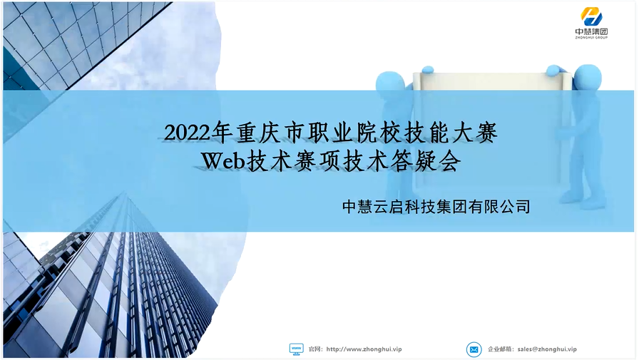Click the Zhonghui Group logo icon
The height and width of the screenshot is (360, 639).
pos(591,16)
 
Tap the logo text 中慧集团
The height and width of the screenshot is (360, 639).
pos(591,31)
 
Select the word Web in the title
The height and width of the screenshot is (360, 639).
pos(223,161)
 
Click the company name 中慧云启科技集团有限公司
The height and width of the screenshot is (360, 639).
pos(436,207)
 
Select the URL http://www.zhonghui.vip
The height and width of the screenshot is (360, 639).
pos(364,349)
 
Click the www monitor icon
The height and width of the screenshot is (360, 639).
pos(296,349)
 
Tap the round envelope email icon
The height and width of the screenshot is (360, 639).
pos(474,349)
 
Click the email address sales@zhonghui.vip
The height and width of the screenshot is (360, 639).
pos(547,349)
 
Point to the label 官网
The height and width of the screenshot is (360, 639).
pos(315,349)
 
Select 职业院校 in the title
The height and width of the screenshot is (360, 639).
pos(355,133)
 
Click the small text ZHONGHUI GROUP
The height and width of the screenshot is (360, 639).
pos(591,38)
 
